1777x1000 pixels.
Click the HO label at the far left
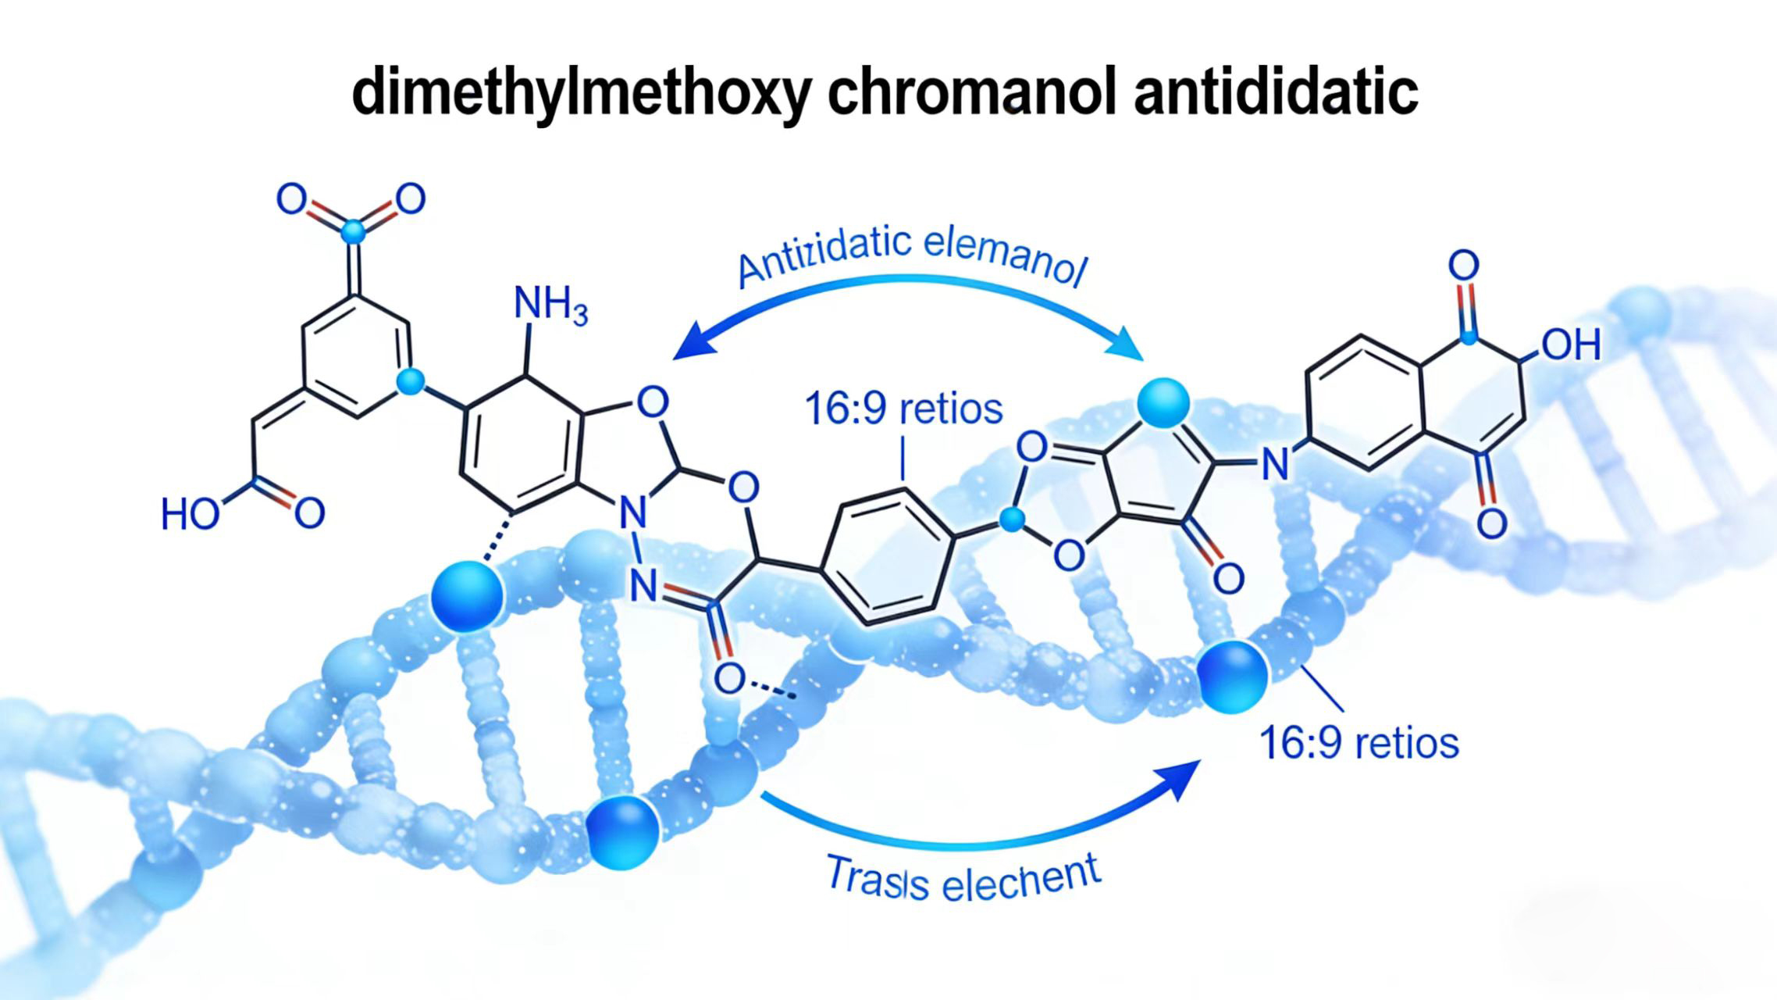[190, 515]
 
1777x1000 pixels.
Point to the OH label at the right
[1571, 345]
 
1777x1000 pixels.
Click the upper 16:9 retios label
[903, 409]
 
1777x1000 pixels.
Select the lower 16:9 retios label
[1359, 742]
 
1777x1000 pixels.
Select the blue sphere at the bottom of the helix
[622, 831]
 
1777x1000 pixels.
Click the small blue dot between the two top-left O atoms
[353, 231]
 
